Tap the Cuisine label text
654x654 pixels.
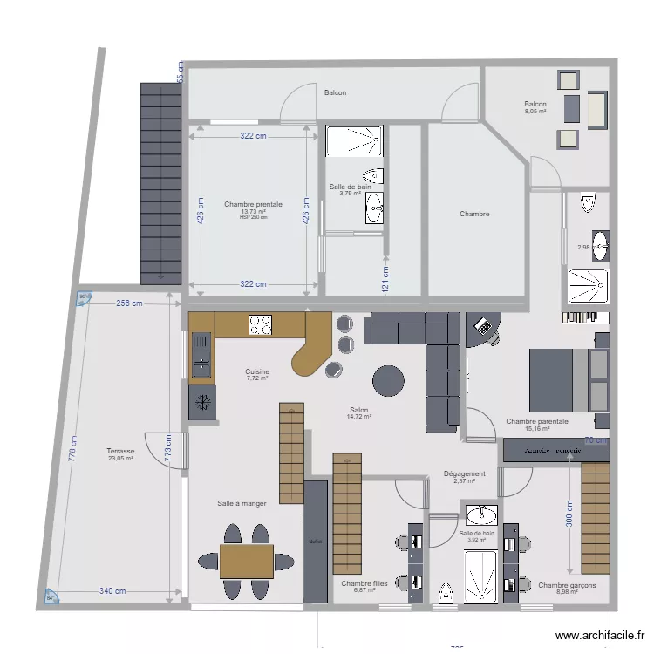click(x=257, y=371)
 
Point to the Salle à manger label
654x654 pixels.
click(x=242, y=503)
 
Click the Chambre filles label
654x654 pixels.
click(x=364, y=583)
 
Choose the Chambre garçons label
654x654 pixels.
click(x=567, y=586)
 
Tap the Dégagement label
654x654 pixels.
click(x=464, y=474)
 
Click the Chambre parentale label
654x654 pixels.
click(x=537, y=422)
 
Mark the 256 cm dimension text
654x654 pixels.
click(x=128, y=303)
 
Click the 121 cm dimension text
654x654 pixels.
click(x=385, y=278)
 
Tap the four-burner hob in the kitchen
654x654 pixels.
click(x=260, y=325)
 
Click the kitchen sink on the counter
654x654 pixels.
click(x=201, y=352)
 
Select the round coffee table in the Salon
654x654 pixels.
click(x=388, y=380)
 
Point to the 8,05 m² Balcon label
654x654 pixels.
click(x=535, y=106)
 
